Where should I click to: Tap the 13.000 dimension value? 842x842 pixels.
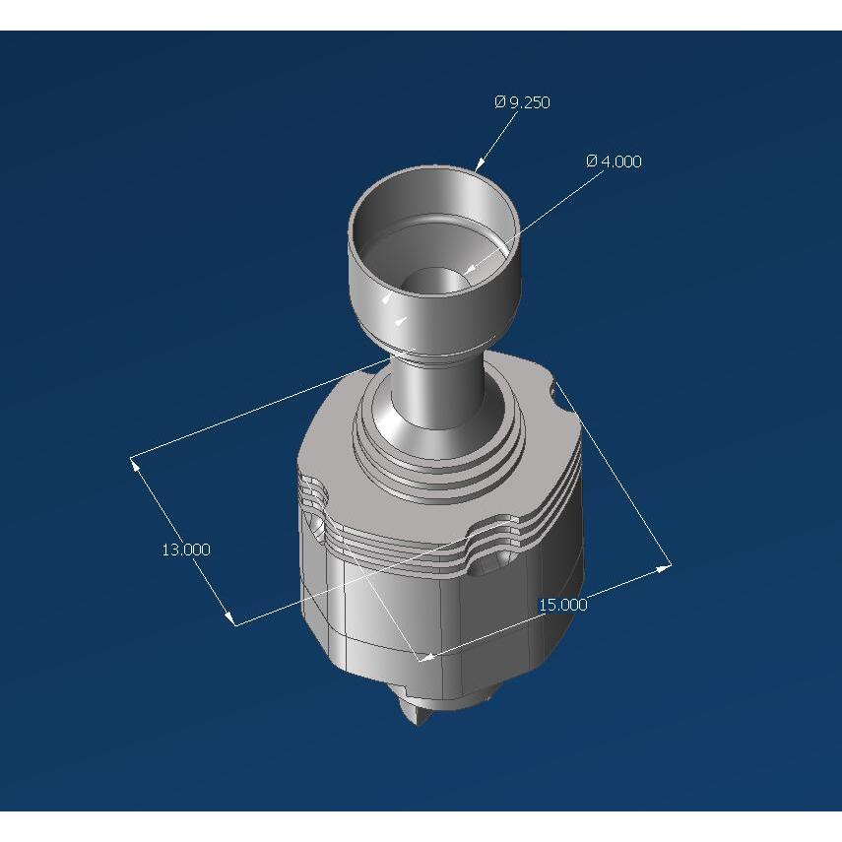click(x=186, y=550)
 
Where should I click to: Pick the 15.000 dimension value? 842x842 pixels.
click(x=562, y=605)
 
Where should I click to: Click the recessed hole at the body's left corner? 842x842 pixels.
click(x=317, y=528)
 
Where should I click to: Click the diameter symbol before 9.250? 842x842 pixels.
click(x=500, y=102)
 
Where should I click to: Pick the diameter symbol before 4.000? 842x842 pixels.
click(x=591, y=162)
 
